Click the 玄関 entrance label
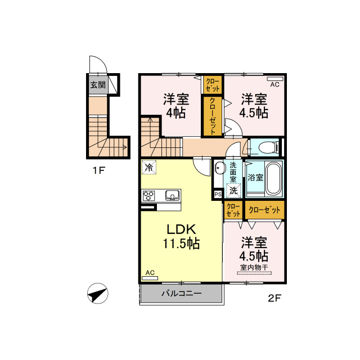click(x=98, y=85)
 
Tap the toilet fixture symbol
click(x=268, y=147)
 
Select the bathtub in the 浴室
click(x=274, y=178)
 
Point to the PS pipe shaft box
click(x=218, y=195)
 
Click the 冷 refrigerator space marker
click(x=148, y=167)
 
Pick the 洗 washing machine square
click(x=233, y=191)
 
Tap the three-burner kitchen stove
click(x=148, y=196)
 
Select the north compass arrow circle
click(x=98, y=294)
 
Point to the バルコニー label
click(x=182, y=293)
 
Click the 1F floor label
click(x=99, y=170)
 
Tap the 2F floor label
click(x=274, y=298)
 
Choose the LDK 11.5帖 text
click(x=181, y=236)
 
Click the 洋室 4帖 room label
click(x=176, y=106)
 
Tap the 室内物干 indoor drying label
click(x=254, y=268)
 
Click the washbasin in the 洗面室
click(x=219, y=168)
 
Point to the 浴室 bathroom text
click(x=255, y=178)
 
